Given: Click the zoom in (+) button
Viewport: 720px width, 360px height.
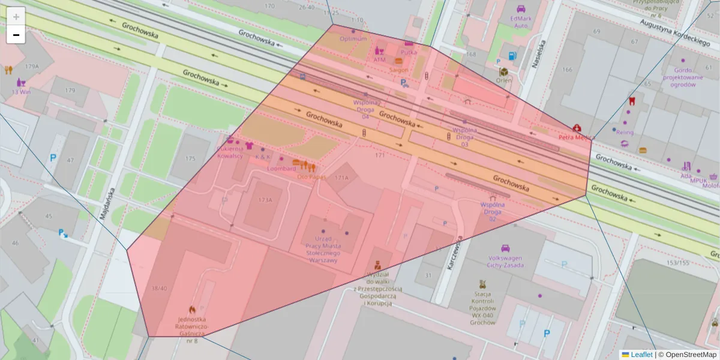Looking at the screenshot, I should [x=16, y=17].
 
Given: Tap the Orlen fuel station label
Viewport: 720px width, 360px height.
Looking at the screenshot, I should [x=504, y=80].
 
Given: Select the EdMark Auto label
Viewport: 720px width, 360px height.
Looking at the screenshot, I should [x=520, y=22].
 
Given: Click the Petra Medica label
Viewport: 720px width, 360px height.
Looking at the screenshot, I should [x=576, y=136].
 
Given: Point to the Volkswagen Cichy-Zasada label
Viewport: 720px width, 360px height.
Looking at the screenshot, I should [x=505, y=262].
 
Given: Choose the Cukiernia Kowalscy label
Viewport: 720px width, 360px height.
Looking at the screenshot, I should [x=230, y=152].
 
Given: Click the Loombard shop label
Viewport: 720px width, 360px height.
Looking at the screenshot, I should [x=282, y=169].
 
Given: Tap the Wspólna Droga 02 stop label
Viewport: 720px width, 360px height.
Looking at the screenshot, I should [x=493, y=212].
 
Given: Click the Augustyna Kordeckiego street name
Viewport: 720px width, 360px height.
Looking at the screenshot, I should [x=674, y=32].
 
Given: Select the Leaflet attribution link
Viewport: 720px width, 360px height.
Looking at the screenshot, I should [x=641, y=355].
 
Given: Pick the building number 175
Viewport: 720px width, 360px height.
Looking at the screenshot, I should [x=190, y=158].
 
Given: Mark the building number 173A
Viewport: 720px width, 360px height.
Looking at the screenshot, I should [x=265, y=200].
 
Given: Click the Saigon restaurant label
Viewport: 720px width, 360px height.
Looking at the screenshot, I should [x=399, y=70].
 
